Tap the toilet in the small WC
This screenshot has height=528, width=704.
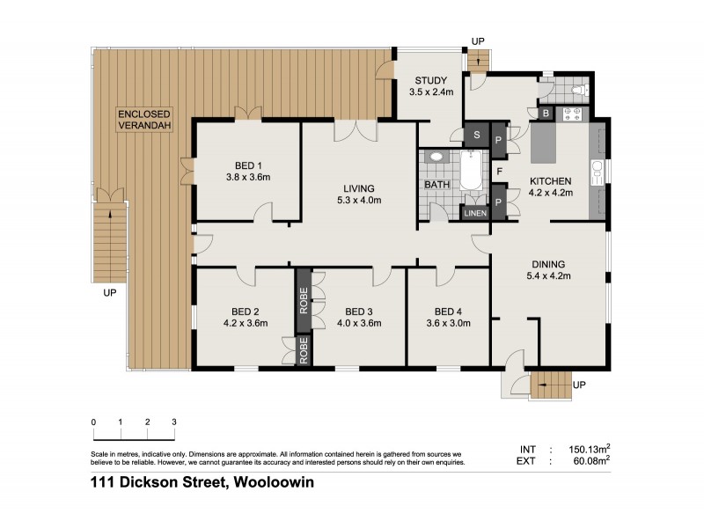pos(576,89)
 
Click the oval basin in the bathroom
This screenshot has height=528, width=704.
pos(436,157)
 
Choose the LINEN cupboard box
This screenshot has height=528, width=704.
pos(473,213)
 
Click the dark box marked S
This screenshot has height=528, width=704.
pos(476,136)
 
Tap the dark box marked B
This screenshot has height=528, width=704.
pos(546,113)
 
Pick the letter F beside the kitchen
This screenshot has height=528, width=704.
pos(499,171)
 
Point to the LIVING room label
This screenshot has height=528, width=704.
pos(359,188)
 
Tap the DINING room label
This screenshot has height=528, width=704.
pos(547,264)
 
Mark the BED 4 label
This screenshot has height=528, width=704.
pos(448,312)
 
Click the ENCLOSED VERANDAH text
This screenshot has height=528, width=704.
pos(146,120)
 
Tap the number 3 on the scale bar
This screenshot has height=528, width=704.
pos(174,422)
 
